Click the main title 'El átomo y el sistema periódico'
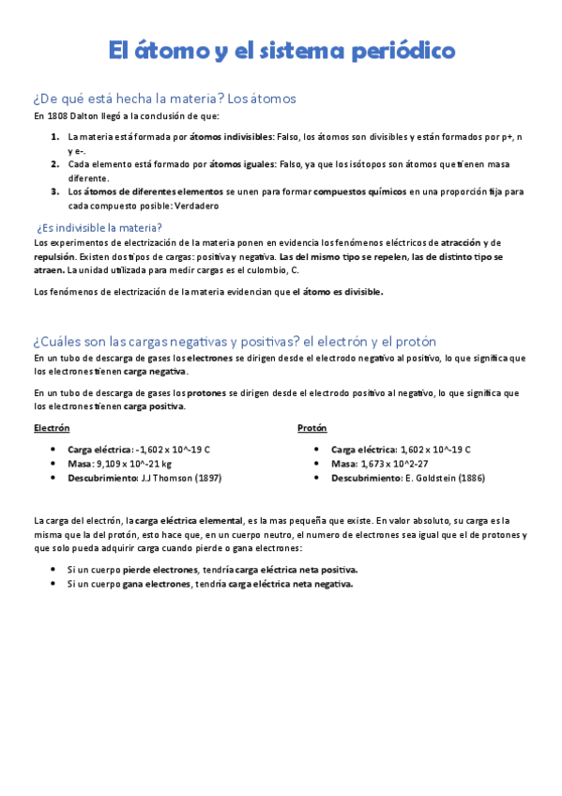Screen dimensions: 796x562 281,50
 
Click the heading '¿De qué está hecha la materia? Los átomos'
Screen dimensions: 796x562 164,98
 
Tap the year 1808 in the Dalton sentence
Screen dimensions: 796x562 57,116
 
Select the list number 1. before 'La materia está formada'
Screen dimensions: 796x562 55,136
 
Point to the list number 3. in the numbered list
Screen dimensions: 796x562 55,191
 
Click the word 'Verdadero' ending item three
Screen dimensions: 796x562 195,206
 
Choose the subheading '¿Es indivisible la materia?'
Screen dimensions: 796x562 99,227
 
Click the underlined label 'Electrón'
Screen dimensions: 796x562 52,427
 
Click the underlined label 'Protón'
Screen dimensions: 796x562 311,427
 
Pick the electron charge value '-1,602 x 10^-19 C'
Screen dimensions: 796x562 173,450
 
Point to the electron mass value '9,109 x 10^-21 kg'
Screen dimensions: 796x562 134,464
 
